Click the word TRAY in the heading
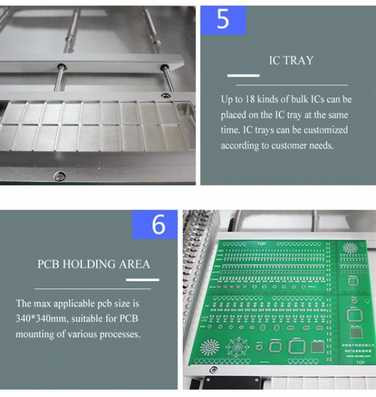click(x=298, y=60)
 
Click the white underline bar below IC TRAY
click(x=243, y=76)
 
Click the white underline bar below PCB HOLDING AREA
click(x=140, y=279)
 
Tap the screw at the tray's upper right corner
click(x=166, y=95)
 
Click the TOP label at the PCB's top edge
click(x=261, y=243)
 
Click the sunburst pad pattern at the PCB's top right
click(x=350, y=247)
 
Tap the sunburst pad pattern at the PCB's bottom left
click(x=212, y=347)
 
